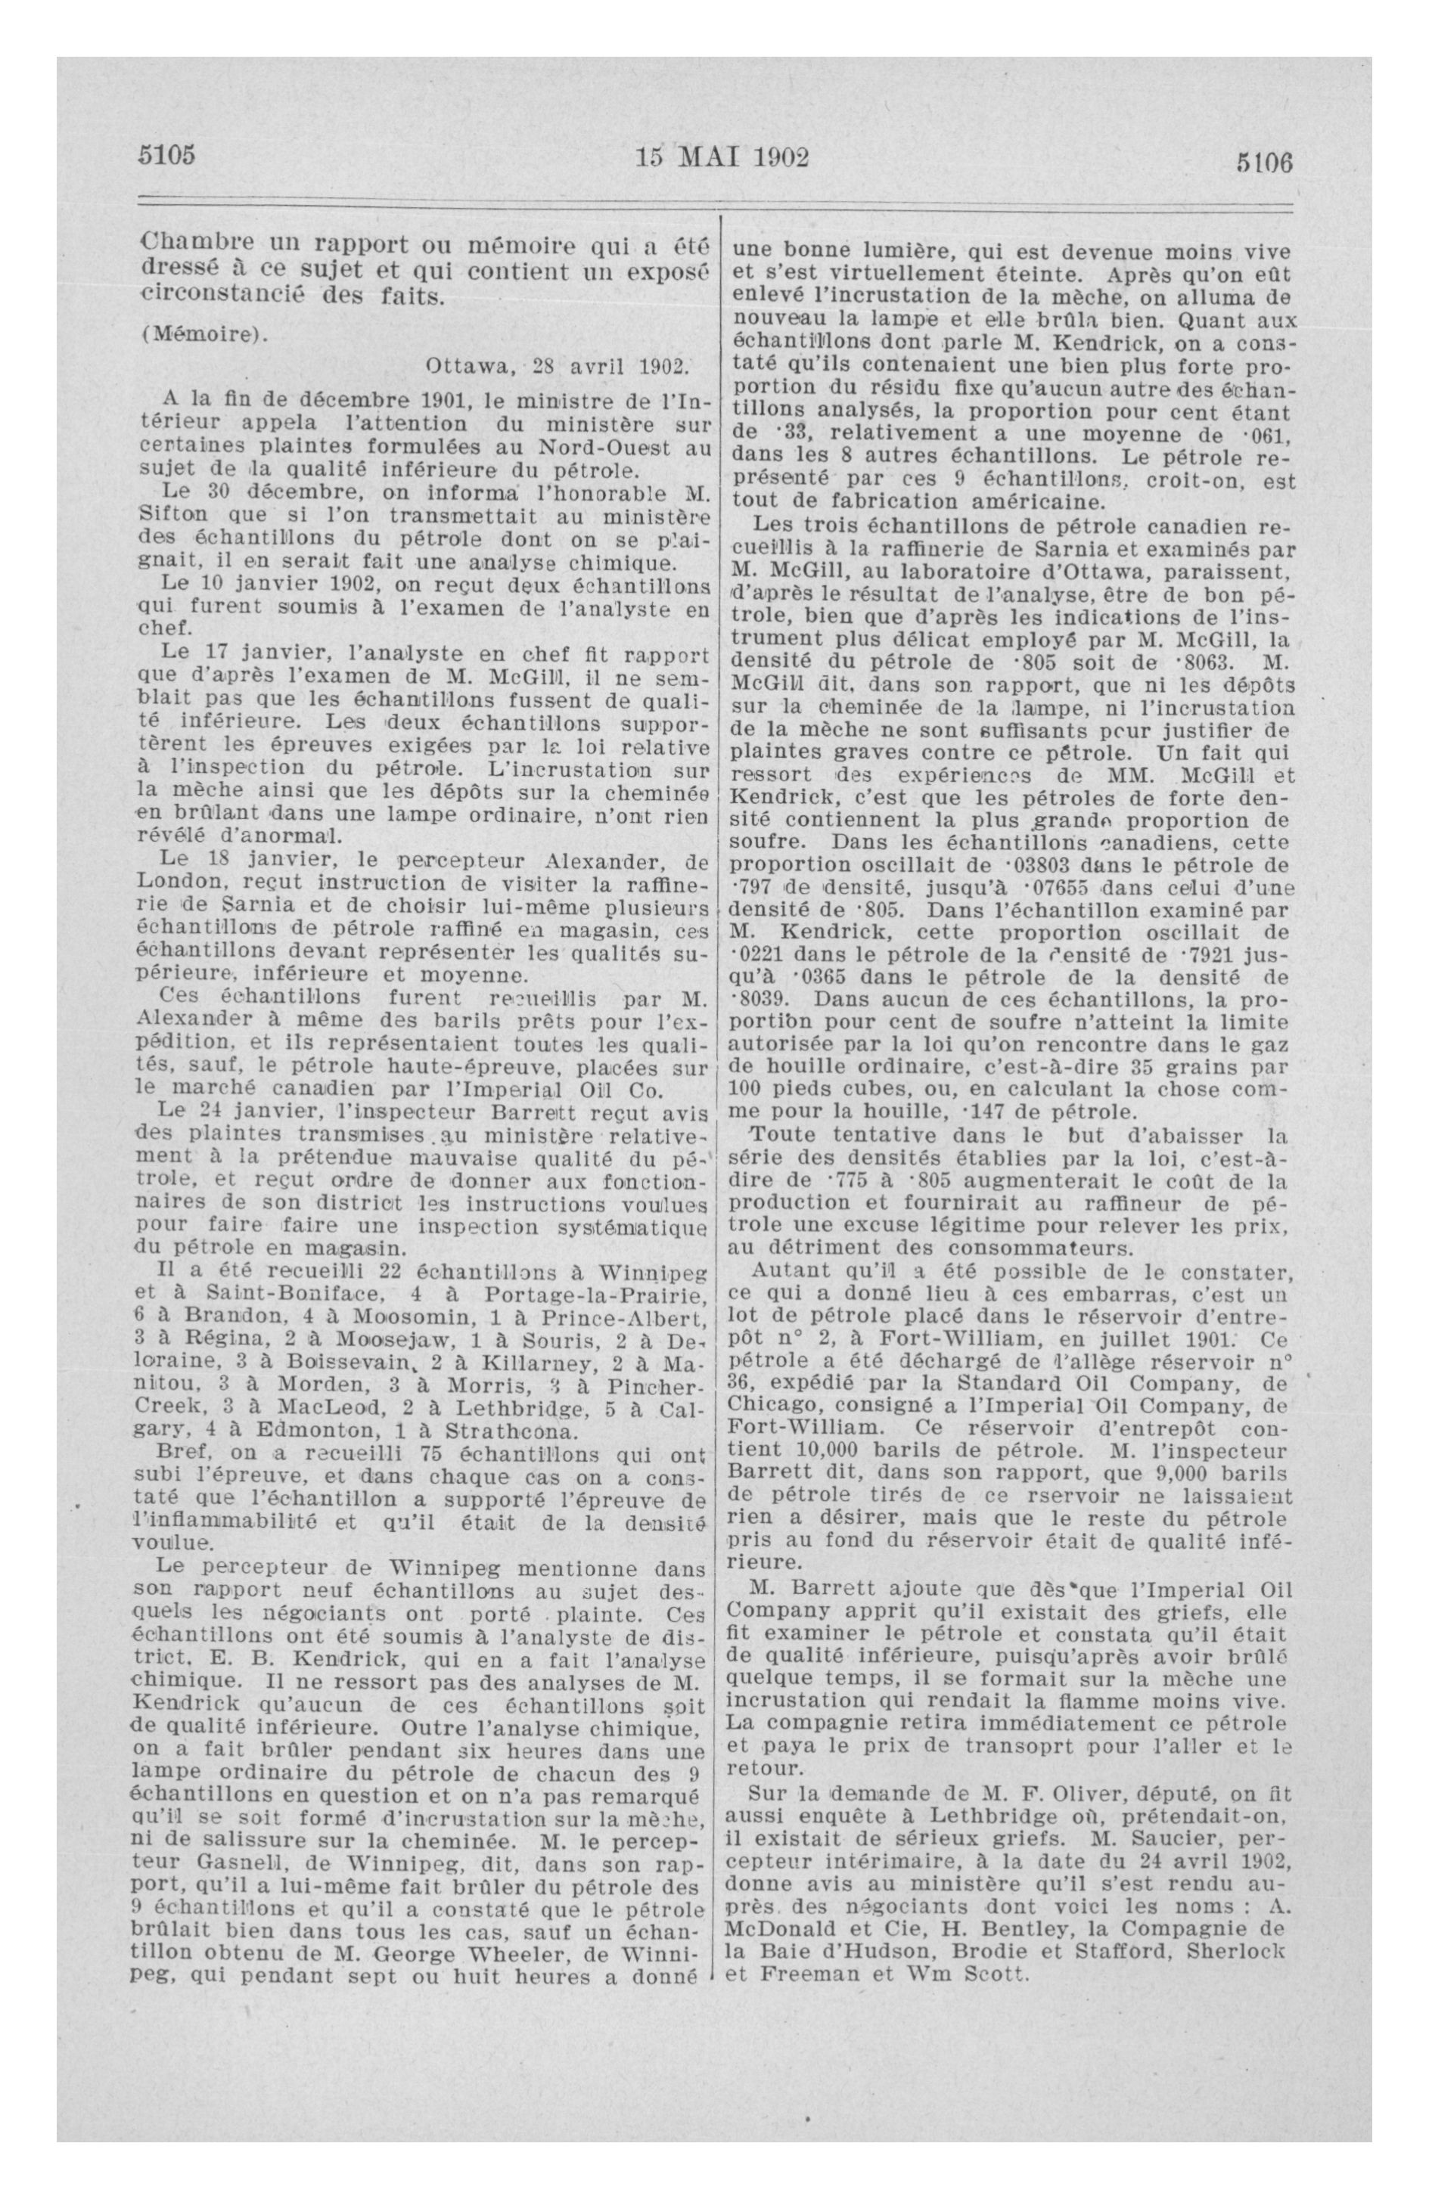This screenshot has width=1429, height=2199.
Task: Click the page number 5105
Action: [x=166, y=154]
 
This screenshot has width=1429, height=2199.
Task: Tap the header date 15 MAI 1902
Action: [x=722, y=157]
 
